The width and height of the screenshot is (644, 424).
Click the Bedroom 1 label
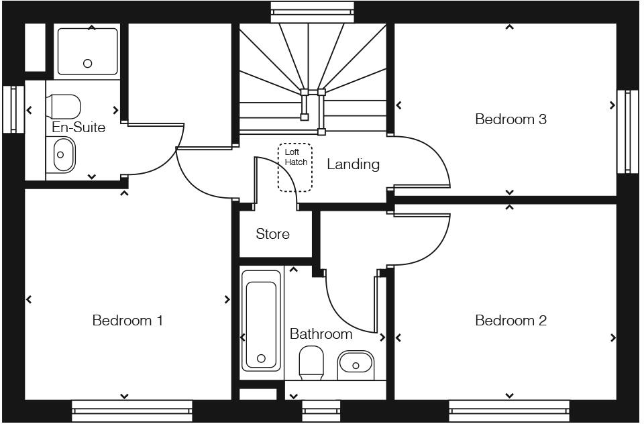click(x=127, y=321)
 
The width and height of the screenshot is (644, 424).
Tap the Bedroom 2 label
click(x=511, y=321)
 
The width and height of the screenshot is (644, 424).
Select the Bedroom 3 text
click(x=511, y=119)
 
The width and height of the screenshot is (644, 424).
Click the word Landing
click(x=353, y=164)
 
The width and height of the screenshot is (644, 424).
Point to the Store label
click(x=272, y=234)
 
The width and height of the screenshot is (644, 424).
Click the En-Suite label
click(x=78, y=127)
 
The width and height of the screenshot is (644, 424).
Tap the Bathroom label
click(x=321, y=334)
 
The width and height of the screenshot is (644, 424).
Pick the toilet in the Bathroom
click(x=311, y=362)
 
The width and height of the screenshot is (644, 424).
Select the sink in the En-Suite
click(x=62, y=154)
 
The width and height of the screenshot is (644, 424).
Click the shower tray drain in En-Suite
click(x=87, y=64)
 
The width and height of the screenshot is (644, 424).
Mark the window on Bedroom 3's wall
click(x=628, y=131)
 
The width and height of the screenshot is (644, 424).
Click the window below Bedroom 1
click(x=131, y=411)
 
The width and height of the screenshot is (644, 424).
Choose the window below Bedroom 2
click(x=508, y=411)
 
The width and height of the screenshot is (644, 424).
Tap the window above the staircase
click(x=312, y=11)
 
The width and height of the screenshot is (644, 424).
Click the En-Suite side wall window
click(x=11, y=109)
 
